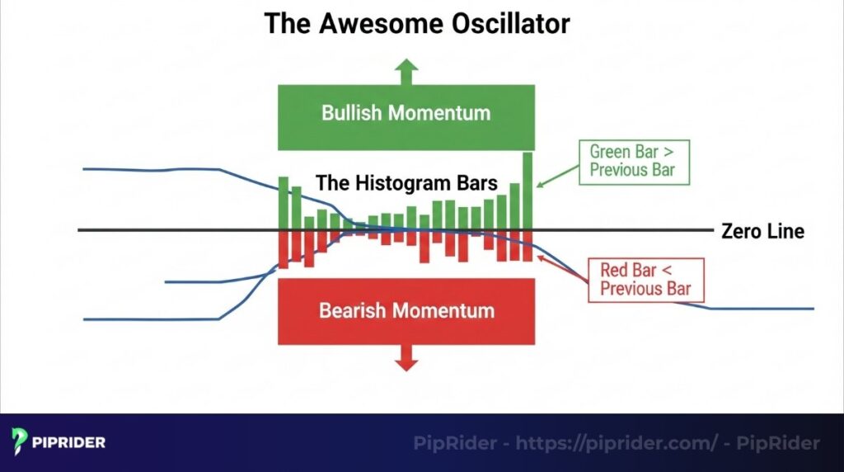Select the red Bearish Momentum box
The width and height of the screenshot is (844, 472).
(406, 311)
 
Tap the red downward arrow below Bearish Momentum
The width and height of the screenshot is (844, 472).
(406, 356)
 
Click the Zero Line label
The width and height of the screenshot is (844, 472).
(762, 231)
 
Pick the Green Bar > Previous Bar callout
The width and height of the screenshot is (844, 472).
(632, 161)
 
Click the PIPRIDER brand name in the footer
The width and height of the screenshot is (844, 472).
(69, 443)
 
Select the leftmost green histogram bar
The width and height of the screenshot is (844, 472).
(284, 203)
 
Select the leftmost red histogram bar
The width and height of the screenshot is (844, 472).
(284, 249)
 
